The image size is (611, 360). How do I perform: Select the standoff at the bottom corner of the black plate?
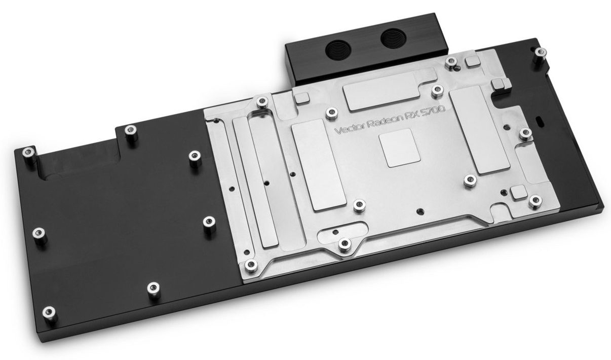point(49,312)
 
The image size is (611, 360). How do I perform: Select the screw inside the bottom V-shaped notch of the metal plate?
point(345,244)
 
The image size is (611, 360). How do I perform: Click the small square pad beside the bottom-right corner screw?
point(517,192)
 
